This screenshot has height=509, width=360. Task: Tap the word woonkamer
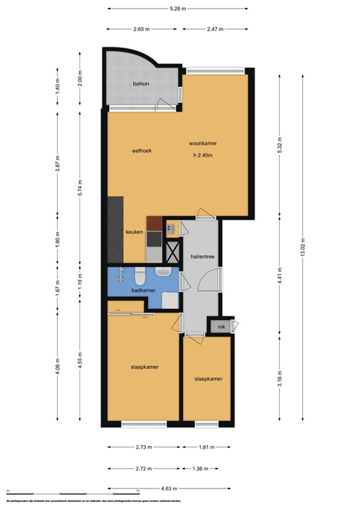[x=203, y=144]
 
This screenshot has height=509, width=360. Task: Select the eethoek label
[x=142, y=150]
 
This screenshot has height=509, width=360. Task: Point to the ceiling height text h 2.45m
[x=203, y=156]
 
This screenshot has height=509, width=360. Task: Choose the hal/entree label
[x=202, y=254]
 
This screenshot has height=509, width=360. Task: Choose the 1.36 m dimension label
[x=207, y=468]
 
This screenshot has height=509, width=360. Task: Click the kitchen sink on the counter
[x=170, y=229]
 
